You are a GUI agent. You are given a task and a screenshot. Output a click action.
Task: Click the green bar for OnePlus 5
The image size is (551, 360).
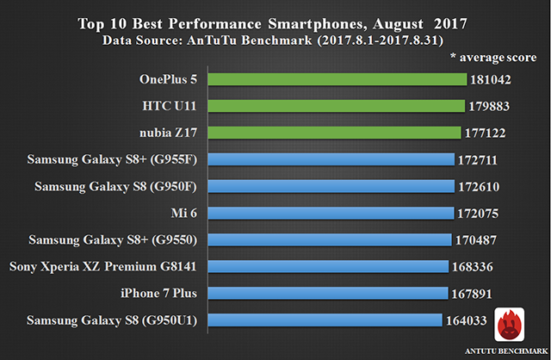click(337, 79)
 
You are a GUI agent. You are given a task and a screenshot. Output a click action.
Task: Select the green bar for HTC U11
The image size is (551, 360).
click(335, 106)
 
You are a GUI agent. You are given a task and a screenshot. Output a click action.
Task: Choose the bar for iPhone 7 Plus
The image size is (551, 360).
click(327, 293)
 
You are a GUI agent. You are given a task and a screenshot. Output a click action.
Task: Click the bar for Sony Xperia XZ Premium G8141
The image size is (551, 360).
click(327, 266)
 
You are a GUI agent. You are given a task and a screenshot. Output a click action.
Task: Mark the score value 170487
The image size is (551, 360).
click(477, 239)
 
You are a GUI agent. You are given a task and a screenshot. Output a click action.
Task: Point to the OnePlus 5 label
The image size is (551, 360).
click(169, 79)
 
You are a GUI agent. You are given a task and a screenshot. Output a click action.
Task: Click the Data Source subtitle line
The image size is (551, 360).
click(275, 40)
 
